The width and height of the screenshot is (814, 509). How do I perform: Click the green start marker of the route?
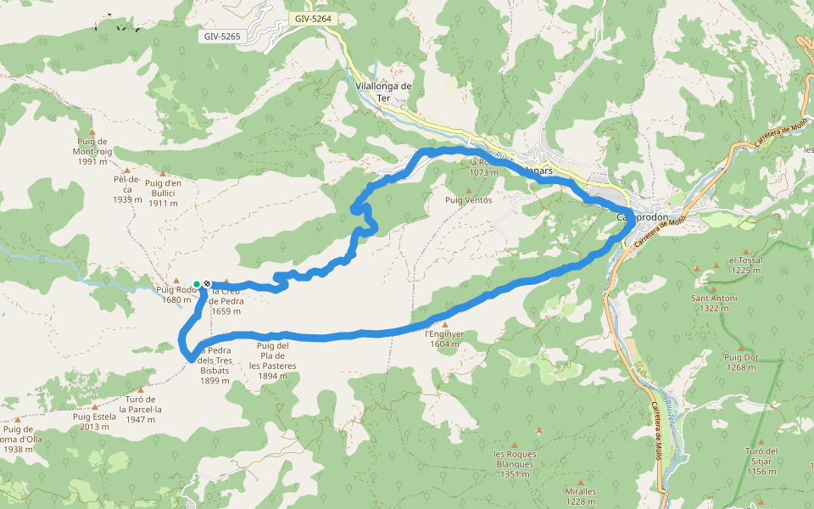[x=197, y=284]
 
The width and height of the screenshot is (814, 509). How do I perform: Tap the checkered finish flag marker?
[x=207, y=284]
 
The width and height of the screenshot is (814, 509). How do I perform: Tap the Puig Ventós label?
[x=468, y=199]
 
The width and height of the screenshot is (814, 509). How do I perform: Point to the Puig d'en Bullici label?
[x=163, y=193]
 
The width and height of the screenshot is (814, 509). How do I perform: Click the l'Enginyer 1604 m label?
[x=443, y=339]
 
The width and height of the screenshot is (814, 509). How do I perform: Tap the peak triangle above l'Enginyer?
[x=444, y=324]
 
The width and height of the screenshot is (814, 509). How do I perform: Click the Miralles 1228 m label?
[x=580, y=496]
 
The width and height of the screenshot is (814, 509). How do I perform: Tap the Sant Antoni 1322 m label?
[x=714, y=303]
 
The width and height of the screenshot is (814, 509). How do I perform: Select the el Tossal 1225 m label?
[x=745, y=266]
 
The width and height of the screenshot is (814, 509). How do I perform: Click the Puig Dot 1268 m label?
[x=740, y=361]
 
